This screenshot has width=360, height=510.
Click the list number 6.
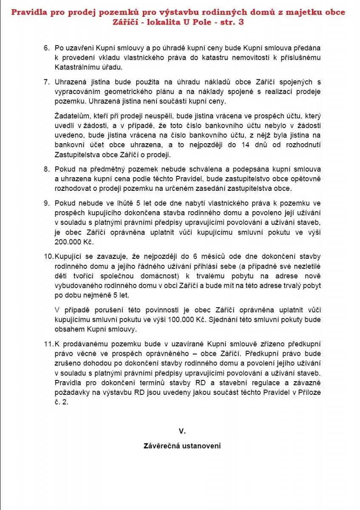pos(46,48)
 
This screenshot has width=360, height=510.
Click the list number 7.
pos(46,82)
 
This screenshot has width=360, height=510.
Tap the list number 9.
pos(46,204)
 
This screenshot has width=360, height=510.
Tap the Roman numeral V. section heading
pos(182,431)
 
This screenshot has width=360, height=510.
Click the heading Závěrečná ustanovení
pos(182,446)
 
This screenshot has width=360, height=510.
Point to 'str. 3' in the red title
pos(233,22)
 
